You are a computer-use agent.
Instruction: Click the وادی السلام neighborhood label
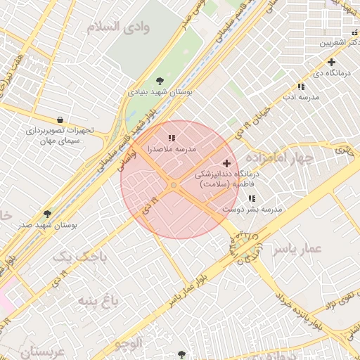(118, 27)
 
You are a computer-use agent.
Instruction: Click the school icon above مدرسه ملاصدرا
(172, 138)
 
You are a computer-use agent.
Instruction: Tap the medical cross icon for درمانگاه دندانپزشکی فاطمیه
(226, 163)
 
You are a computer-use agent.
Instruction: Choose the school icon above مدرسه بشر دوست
(252, 198)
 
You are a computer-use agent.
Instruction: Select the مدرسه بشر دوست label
(252, 210)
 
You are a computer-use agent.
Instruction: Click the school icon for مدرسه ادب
(301, 86)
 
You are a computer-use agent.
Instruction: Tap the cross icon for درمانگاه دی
(331, 63)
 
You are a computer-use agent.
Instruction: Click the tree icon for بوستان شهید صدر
(48, 212)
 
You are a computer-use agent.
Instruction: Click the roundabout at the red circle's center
(174, 185)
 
